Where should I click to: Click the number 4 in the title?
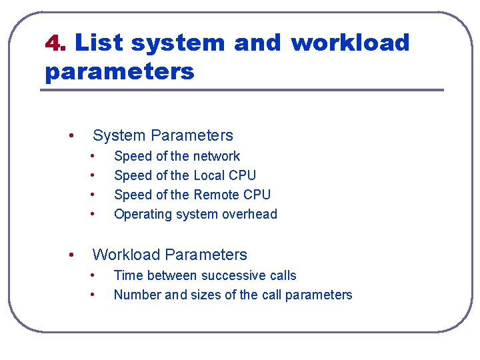click(53, 43)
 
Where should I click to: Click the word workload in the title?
click(350, 43)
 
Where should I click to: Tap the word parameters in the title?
click(119, 71)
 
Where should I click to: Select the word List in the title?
click(99, 43)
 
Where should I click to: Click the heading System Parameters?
click(163, 135)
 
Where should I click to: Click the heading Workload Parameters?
click(169, 255)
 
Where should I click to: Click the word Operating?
click(141, 214)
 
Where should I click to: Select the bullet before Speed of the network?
click(94, 156)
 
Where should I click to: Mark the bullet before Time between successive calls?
click(94, 275)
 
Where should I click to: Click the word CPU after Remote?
click(257, 195)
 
